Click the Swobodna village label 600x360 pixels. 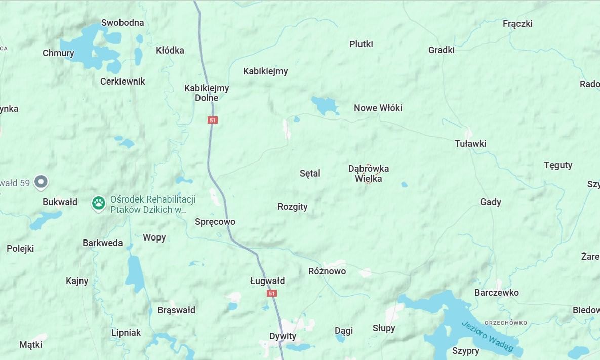point(123,23)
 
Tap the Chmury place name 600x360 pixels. point(58,53)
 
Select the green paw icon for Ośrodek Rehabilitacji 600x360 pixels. point(98,204)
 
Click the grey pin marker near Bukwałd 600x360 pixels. point(41,182)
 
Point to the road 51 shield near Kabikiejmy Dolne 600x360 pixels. point(212,120)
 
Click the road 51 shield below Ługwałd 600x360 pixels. point(272,293)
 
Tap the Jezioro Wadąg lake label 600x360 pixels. point(487,336)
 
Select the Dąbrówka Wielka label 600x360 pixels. point(369,173)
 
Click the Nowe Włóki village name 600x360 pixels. point(378,108)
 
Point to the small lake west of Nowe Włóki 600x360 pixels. point(325,105)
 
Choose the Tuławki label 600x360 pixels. point(470,144)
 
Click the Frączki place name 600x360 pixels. point(517,24)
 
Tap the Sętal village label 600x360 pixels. point(310,173)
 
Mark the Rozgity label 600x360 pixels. point(292,207)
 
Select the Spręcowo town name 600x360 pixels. point(215,222)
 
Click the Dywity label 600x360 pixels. point(283,336)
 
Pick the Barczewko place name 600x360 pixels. point(496,293)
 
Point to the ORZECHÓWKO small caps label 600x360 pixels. point(505,323)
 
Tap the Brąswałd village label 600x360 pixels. point(176,310)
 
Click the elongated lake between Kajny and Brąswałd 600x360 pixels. point(135,274)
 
